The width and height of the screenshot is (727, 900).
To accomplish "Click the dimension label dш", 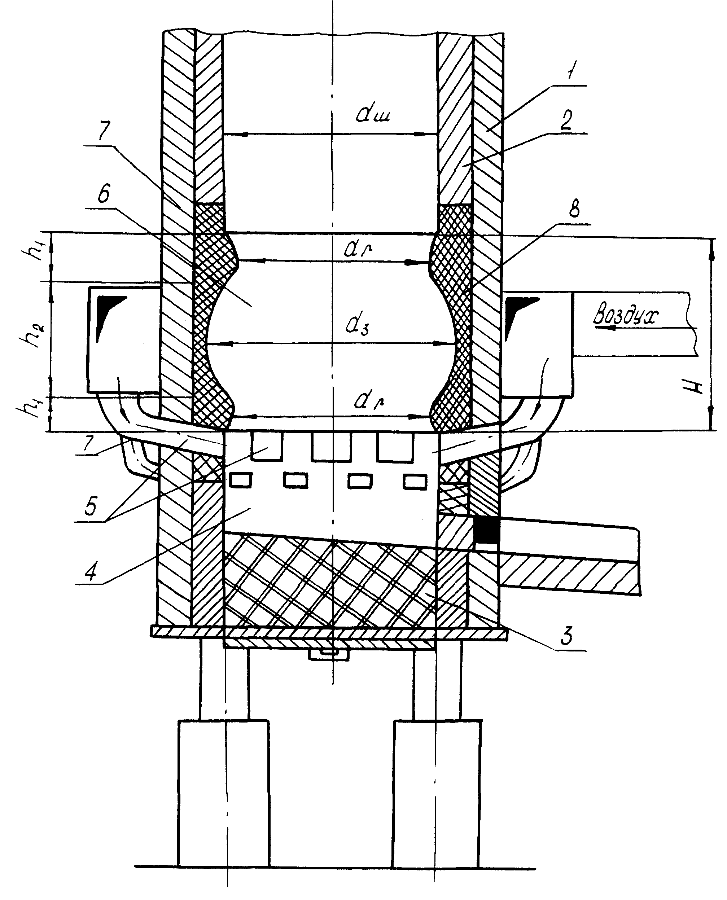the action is (373, 114).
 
